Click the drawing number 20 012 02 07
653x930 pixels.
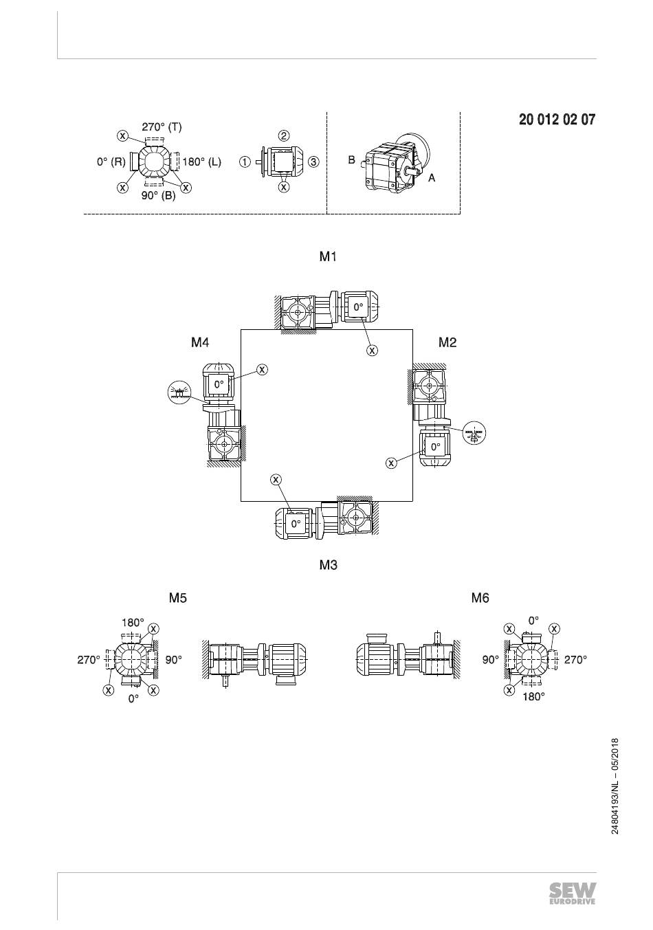point(557,120)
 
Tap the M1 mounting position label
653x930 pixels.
point(328,256)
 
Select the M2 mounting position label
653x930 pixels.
point(447,342)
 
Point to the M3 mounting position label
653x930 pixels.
point(328,565)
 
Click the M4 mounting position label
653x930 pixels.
point(200,342)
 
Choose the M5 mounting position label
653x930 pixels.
point(177,598)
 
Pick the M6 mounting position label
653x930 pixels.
point(480,598)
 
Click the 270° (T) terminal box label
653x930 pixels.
point(162,126)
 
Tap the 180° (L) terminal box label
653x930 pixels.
point(202,162)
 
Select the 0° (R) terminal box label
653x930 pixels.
point(111,162)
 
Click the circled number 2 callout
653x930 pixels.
point(284,136)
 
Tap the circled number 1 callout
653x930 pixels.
point(245,162)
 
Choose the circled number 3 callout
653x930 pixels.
point(314,162)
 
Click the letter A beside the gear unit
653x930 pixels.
point(431,178)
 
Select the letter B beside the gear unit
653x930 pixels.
point(351,159)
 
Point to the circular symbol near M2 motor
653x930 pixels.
point(474,433)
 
